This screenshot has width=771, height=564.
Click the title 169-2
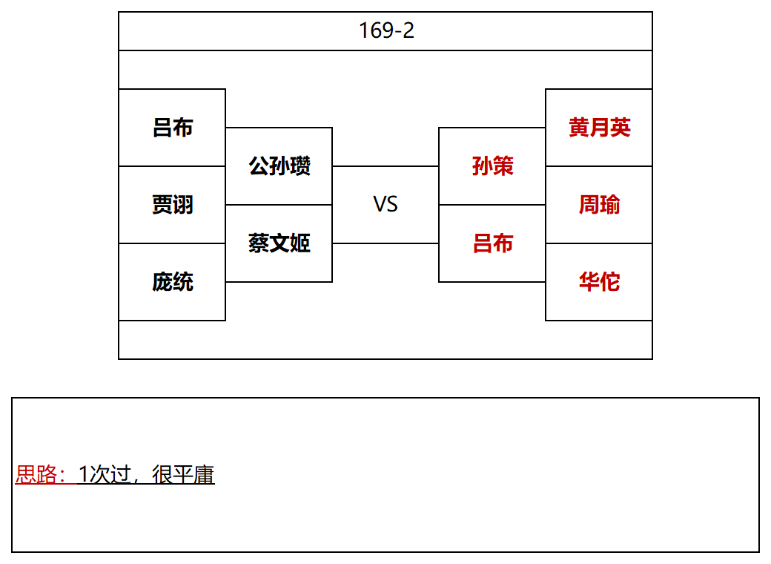tap(386, 30)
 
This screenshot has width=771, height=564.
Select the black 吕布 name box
tap(172, 128)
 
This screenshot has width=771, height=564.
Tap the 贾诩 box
tap(172, 205)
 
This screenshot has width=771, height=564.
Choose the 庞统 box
tap(172, 282)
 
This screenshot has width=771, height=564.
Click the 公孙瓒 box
tap(279, 165)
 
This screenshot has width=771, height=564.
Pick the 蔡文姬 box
tap(279, 243)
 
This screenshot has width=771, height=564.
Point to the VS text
tap(385, 204)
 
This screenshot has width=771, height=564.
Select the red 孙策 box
tap(492, 165)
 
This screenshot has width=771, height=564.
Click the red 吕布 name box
tap(492, 243)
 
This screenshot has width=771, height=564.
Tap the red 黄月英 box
tap(599, 128)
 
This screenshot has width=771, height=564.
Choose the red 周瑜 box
tap(599, 205)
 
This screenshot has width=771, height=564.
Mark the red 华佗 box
tap(599, 282)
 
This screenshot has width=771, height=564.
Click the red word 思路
tap(36, 474)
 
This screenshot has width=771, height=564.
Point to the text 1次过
tap(105, 474)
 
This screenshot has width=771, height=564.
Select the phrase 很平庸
tap(183, 474)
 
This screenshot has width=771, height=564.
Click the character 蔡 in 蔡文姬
tap(258, 243)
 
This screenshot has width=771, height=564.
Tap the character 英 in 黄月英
tap(620, 128)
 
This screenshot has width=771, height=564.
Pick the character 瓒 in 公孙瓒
tap(300, 165)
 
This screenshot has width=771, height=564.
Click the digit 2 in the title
tap(408, 30)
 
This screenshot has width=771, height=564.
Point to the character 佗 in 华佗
tap(609, 282)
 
